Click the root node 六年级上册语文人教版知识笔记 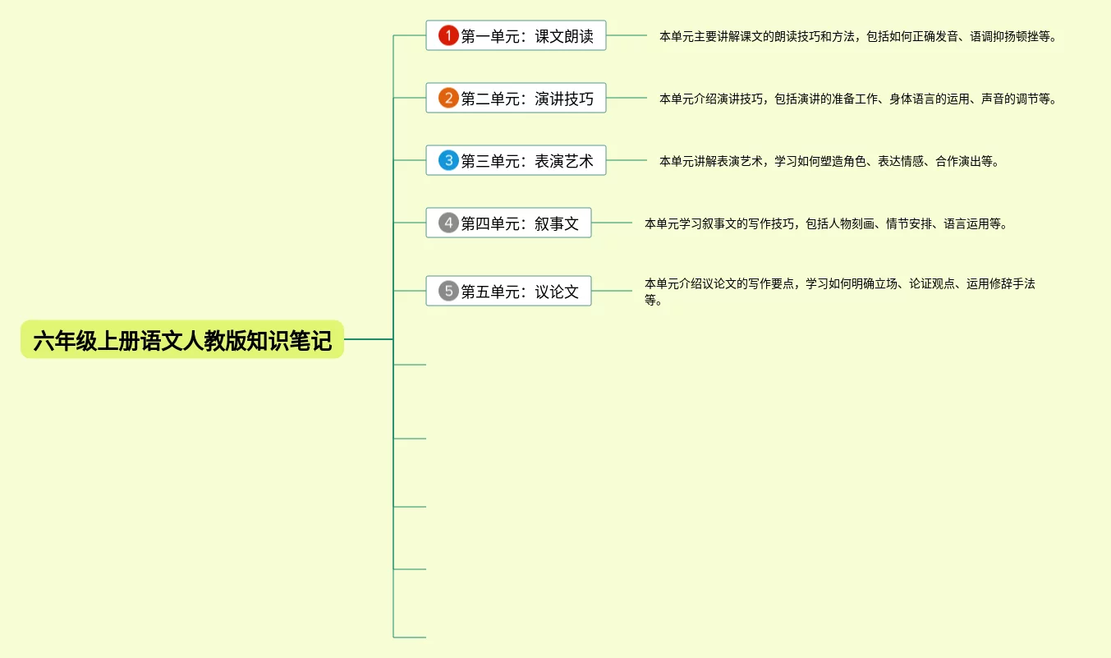[x=182, y=339]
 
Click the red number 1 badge [x=448, y=36]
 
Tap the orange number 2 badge [x=448, y=99]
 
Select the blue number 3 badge [x=448, y=161]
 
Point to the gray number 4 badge [x=448, y=223]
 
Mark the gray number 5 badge [x=448, y=291]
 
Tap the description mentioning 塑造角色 [x=829, y=162]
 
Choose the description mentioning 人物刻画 [x=825, y=223]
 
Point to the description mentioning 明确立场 [x=839, y=291]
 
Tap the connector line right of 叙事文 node [x=612, y=223]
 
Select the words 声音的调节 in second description [x=1009, y=99]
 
